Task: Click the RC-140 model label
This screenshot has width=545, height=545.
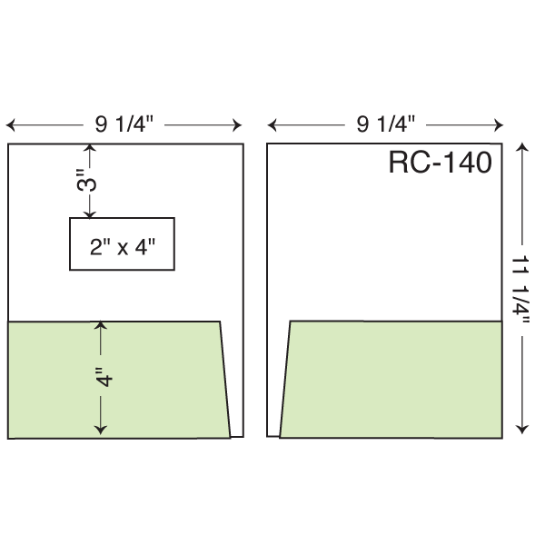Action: click(x=440, y=162)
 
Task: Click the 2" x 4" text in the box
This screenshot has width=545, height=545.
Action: click(x=123, y=247)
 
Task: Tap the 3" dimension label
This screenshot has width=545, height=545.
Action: click(x=86, y=181)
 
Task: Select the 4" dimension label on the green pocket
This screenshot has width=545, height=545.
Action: click(x=104, y=376)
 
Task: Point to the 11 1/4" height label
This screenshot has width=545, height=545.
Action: click(x=520, y=289)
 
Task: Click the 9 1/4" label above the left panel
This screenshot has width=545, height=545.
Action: click(x=124, y=124)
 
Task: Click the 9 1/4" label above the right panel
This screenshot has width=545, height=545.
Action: click(x=386, y=124)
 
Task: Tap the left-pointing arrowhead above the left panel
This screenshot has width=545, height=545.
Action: click(x=10, y=125)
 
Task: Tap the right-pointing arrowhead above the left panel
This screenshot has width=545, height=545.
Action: click(x=237, y=125)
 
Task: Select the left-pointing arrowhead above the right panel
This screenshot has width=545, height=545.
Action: click(x=272, y=125)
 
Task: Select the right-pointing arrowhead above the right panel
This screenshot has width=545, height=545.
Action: click(x=499, y=125)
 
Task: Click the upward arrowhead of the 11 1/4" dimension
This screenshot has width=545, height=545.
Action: click(x=522, y=147)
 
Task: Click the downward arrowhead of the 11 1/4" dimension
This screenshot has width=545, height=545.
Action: click(x=522, y=430)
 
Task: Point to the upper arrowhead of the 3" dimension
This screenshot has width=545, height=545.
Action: click(x=90, y=148)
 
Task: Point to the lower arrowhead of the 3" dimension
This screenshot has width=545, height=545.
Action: click(x=90, y=213)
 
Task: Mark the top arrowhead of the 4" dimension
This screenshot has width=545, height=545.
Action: click(x=101, y=326)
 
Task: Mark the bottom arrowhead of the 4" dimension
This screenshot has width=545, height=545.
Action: click(x=101, y=430)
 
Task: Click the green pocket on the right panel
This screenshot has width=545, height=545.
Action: click(x=391, y=379)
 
